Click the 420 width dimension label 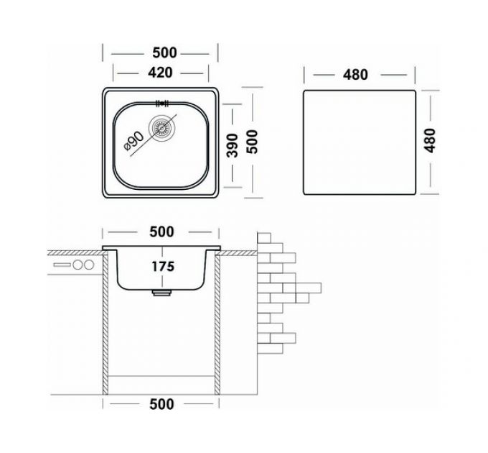(x=160, y=73)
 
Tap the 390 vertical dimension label (x=233, y=145)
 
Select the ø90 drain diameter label (x=133, y=141)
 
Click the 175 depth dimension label (x=163, y=267)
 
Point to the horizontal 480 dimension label (x=355, y=75)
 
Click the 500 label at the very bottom (x=161, y=404)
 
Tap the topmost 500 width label (x=164, y=52)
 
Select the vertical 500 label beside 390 (x=252, y=142)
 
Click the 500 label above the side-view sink (x=162, y=232)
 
